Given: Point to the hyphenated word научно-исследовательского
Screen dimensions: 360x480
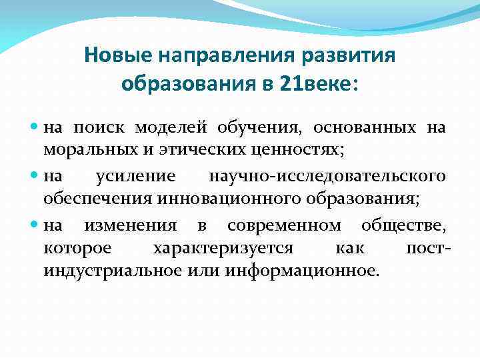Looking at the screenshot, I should tap(327, 177).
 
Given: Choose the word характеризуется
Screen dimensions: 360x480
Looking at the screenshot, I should tap(223, 249).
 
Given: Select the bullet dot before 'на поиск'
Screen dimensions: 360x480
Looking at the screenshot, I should tap(35, 127).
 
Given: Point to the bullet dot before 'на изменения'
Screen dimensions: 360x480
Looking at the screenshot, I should tap(35, 225).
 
